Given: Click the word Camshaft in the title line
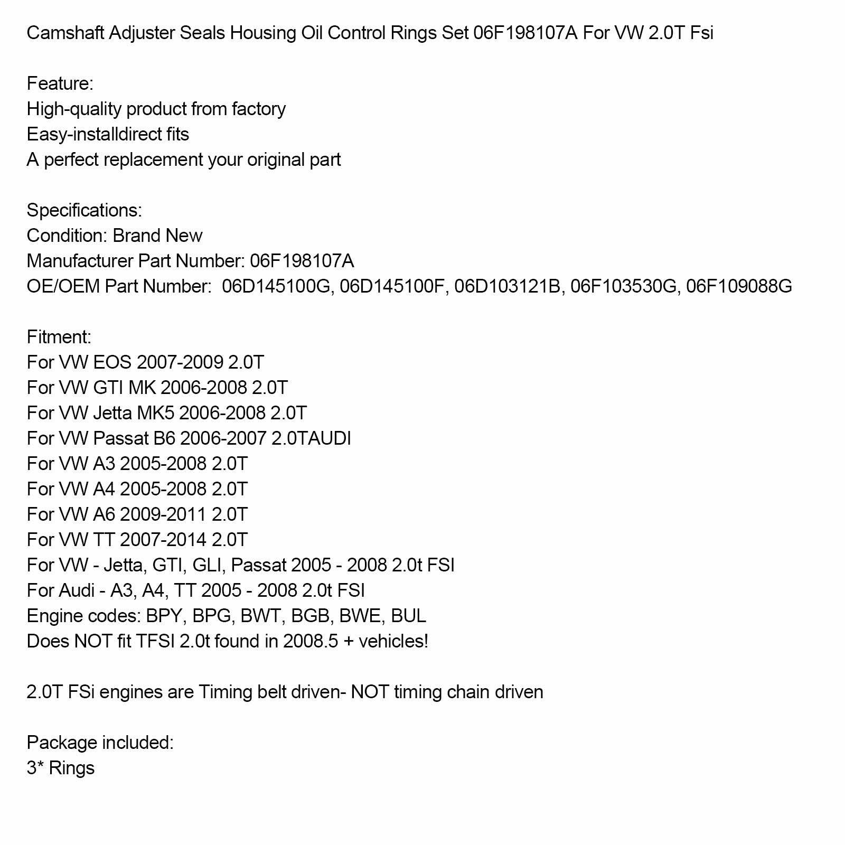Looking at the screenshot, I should point(65,33).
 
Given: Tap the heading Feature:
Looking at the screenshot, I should point(60,84).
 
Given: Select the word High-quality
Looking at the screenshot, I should point(74,109).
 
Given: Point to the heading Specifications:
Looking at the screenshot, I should point(84,211).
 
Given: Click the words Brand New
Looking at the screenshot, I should point(157,236).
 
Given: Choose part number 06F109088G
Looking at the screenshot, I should point(739,287).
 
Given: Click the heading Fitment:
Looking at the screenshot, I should point(59,337).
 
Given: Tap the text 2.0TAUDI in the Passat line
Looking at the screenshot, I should point(311,439).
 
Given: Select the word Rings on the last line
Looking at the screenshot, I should point(71,768).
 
